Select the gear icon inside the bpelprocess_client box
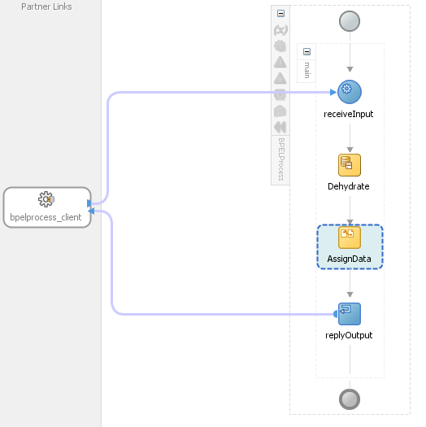(x=46, y=199)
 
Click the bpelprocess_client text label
(x=46, y=216)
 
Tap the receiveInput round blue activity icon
(x=349, y=92)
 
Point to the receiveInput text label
(x=349, y=114)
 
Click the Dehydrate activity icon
(x=349, y=164)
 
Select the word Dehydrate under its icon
(x=349, y=186)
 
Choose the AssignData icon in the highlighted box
(x=349, y=237)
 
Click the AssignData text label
(x=349, y=259)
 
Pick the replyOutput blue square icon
(x=349, y=313)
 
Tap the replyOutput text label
(x=349, y=335)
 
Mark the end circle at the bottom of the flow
(x=350, y=399)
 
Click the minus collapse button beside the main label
(x=306, y=51)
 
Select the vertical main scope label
(x=306, y=71)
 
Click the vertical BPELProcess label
(x=281, y=158)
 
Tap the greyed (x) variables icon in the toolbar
(x=280, y=31)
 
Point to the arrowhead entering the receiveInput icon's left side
(x=333, y=92)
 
